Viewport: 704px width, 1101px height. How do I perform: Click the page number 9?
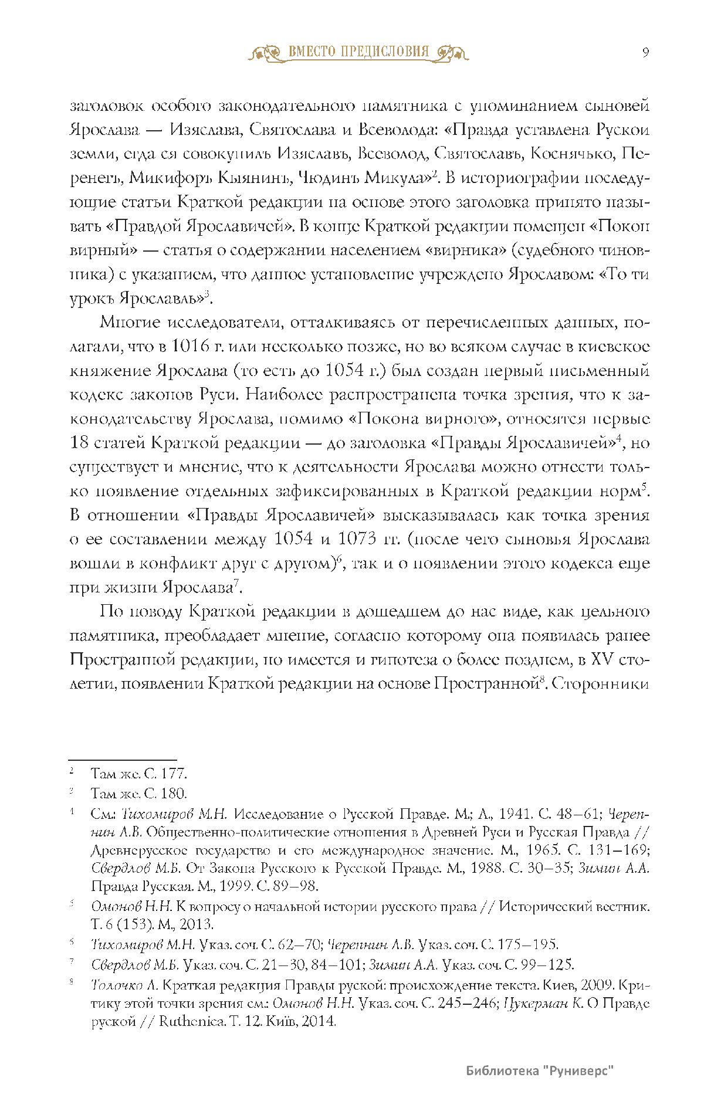[645, 53]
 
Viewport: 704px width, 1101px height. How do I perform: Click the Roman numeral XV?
[605, 659]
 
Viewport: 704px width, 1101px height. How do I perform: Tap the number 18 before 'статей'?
[79, 443]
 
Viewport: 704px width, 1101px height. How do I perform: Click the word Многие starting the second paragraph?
[130, 323]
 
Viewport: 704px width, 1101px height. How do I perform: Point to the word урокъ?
[92, 299]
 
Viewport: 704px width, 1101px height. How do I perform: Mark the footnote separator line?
[123, 760]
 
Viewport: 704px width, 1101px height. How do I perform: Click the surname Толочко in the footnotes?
[117, 985]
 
